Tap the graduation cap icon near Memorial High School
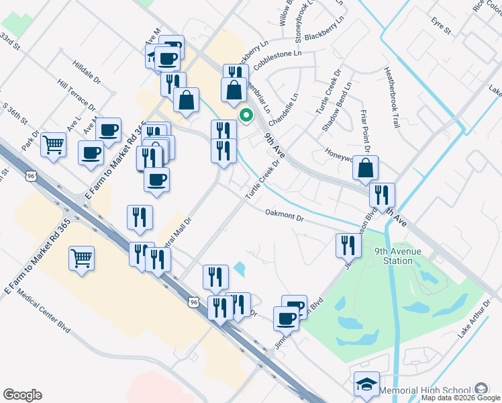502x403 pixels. (366, 384)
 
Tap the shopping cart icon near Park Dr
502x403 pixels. (54, 143)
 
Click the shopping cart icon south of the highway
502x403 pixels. (81, 257)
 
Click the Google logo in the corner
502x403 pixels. (22, 395)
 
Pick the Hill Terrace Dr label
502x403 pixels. (76, 94)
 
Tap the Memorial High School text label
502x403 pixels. (424, 390)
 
